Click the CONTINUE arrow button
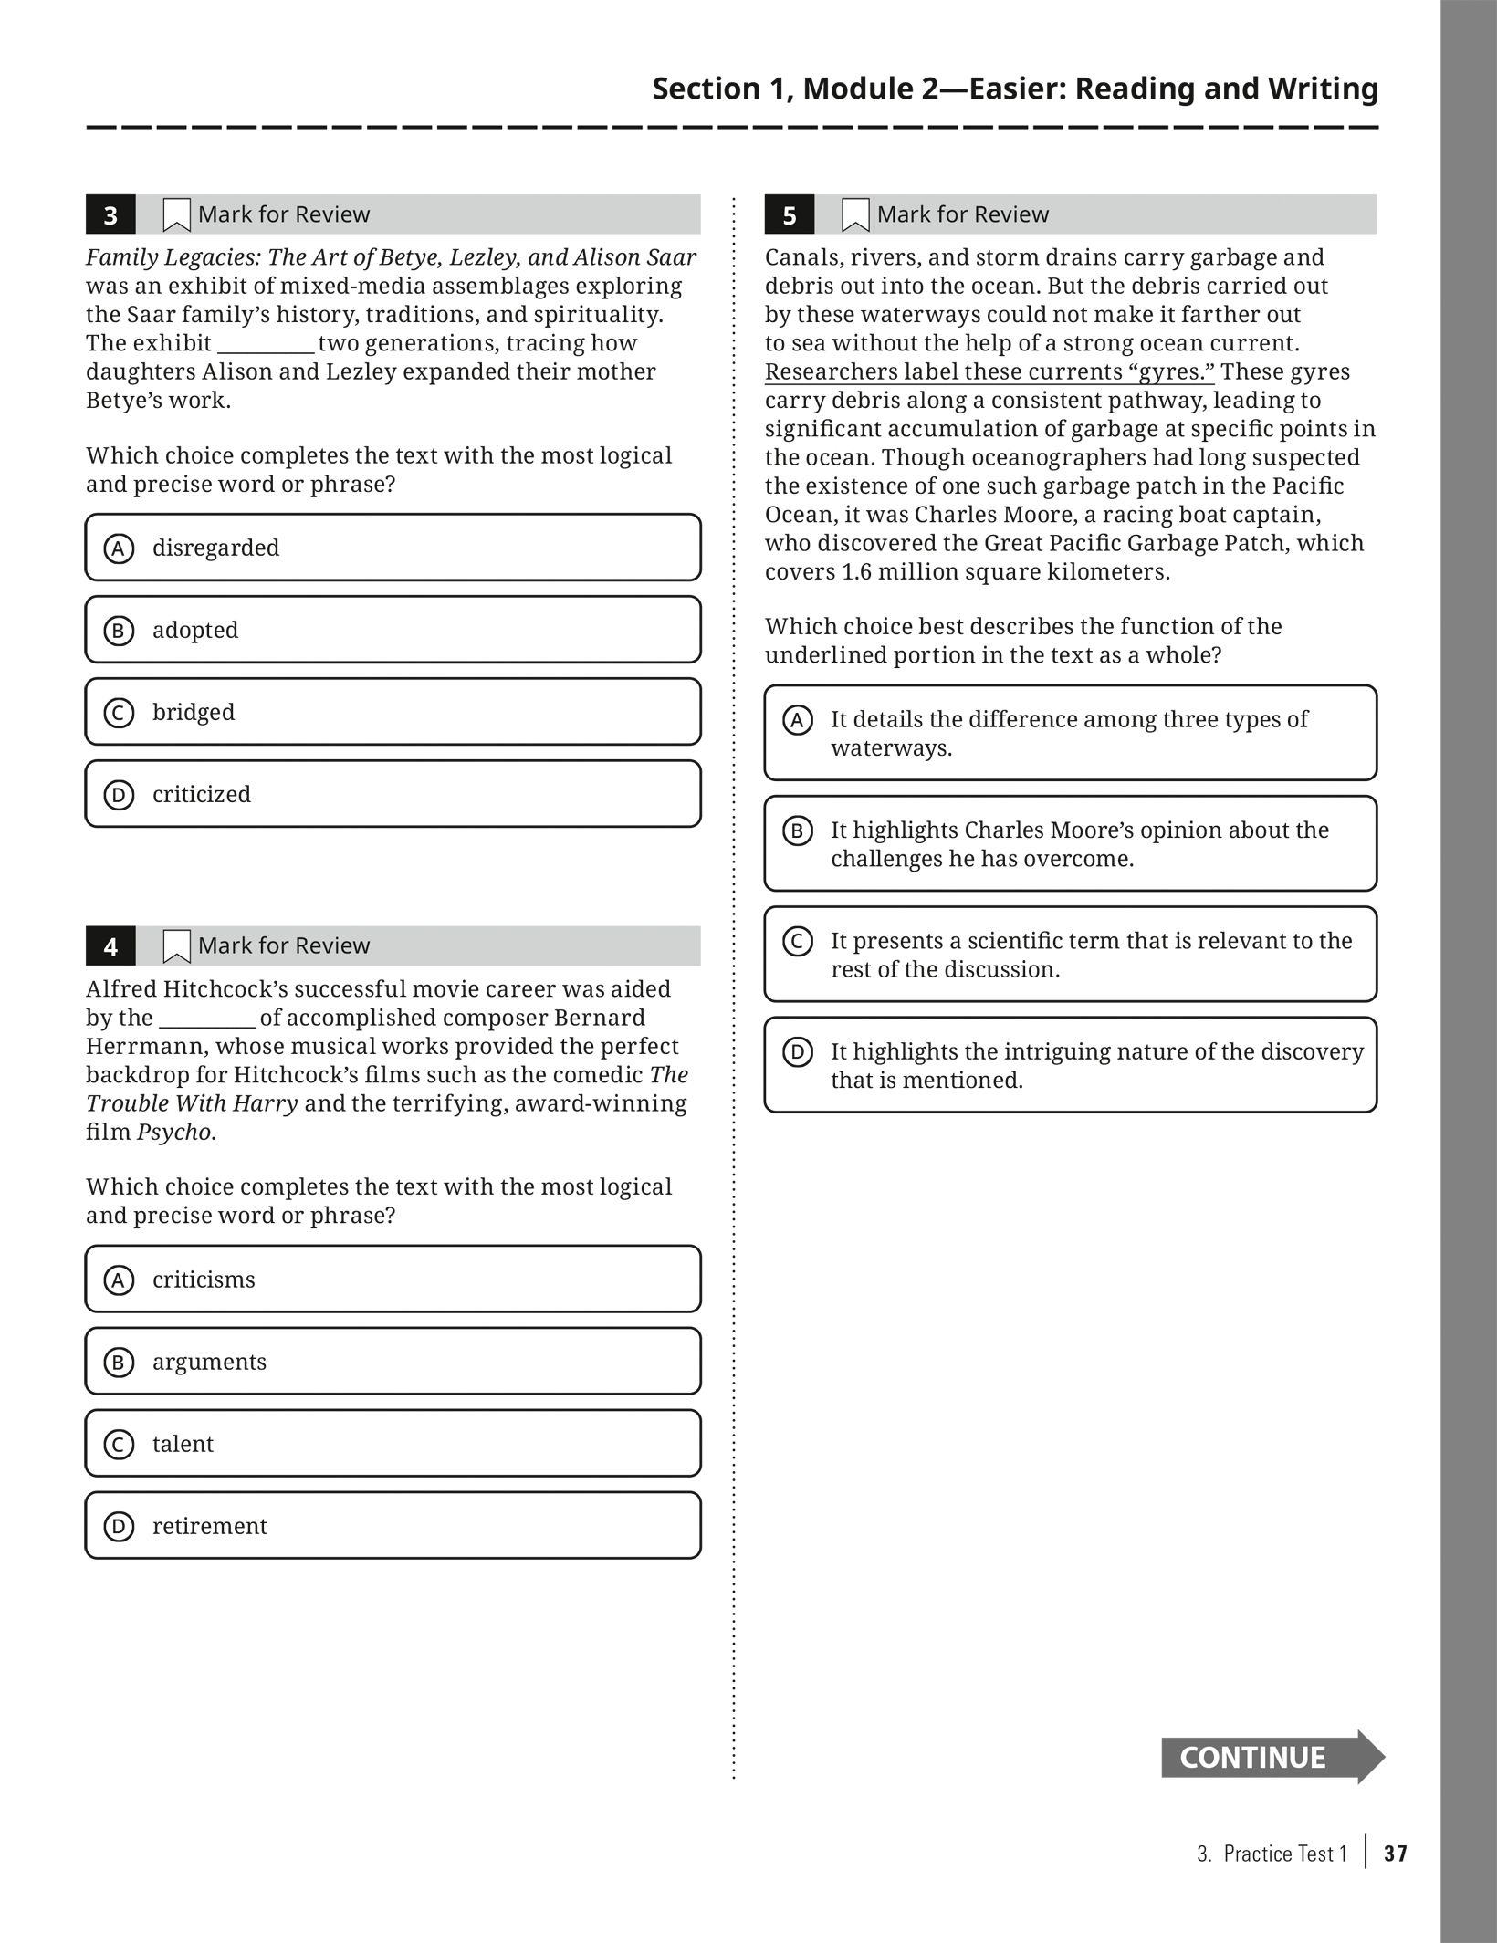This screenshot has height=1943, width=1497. (x=1271, y=1756)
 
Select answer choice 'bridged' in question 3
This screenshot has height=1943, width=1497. (x=393, y=712)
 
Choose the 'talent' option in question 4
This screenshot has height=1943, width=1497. (x=393, y=1444)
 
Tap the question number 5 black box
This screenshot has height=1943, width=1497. (x=789, y=215)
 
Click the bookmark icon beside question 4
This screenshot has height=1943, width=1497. (x=176, y=946)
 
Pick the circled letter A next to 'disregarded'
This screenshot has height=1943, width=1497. (x=119, y=548)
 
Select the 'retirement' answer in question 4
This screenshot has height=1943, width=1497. (x=393, y=1526)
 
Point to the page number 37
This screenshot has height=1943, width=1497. (x=1395, y=1854)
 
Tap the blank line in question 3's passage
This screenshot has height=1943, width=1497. (x=266, y=345)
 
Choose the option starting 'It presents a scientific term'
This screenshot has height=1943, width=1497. (x=1070, y=955)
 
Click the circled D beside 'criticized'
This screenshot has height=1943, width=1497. (x=119, y=795)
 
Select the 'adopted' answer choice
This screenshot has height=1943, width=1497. (x=393, y=630)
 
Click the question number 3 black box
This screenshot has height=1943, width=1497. (x=110, y=215)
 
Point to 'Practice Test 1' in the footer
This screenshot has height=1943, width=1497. (x=1284, y=1854)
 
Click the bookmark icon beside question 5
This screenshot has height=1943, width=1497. (x=855, y=215)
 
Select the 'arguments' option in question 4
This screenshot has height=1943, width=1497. (x=393, y=1362)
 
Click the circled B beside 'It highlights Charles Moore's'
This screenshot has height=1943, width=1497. (x=798, y=830)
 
